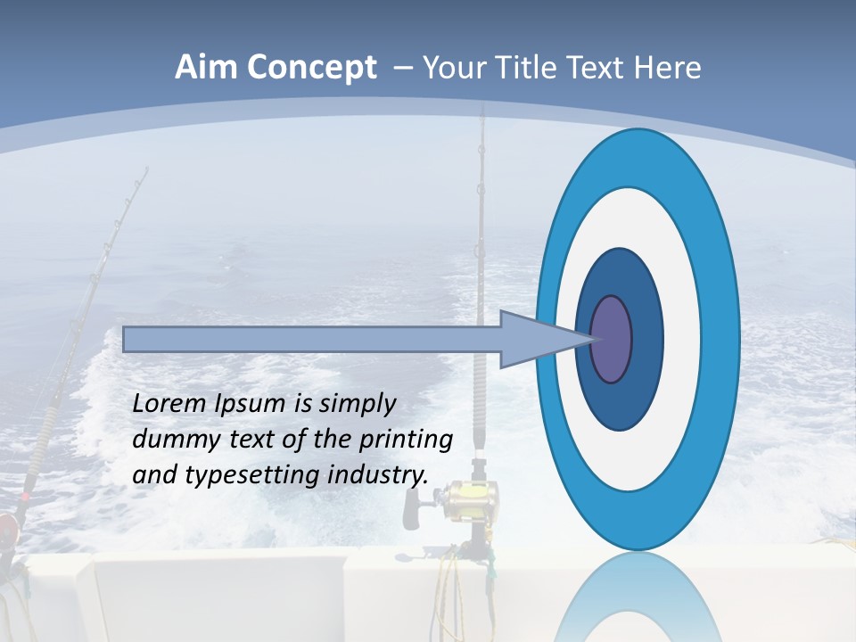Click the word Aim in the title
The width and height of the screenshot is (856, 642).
click(x=206, y=68)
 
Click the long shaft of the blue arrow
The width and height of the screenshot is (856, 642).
click(x=312, y=339)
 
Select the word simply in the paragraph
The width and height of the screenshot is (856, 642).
click(x=357, y=404)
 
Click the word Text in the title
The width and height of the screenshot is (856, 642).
click(x=603, y=68)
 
